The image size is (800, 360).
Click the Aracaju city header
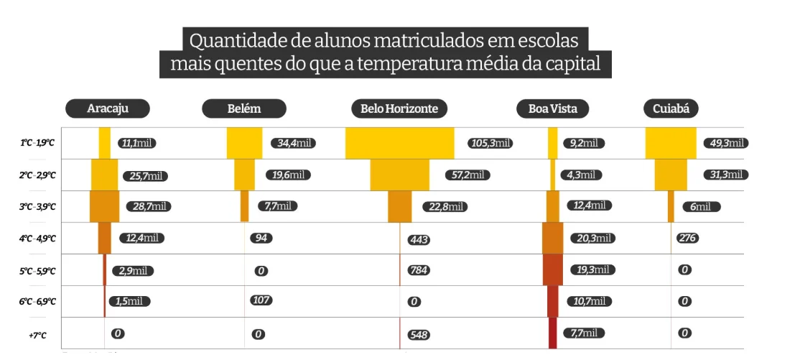(108, 109)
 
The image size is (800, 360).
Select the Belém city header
(244, 109)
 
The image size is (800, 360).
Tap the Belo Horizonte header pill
(399, 109)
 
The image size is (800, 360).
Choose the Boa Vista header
(552, 109)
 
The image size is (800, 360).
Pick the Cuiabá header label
(671, 109)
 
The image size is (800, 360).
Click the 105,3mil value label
(490, 144)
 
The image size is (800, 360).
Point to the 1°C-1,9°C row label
(37, 143)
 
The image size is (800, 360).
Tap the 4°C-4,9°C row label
(37, 238)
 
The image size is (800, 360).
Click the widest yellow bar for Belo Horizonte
(399, 143)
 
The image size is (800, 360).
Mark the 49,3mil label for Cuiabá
(725, 143)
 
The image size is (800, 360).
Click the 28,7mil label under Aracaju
(149, 206)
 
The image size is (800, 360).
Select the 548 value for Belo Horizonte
(419, 335)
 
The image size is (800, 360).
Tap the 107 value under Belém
(261, 300)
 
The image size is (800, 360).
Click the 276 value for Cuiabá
(687, 238)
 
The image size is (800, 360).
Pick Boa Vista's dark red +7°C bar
(552, 333)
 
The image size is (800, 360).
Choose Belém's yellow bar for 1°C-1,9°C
(244, 143)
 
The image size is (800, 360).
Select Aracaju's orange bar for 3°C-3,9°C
(105, 206)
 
